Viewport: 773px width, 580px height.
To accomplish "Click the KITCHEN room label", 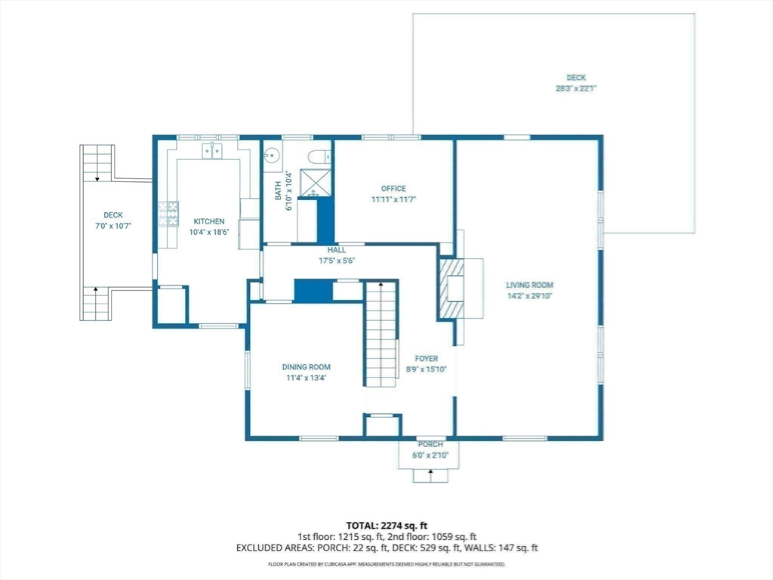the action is pyautogui.click(x=209, y=221).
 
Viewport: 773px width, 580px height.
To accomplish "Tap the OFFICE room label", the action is pyautogui.click(x=393, y=188).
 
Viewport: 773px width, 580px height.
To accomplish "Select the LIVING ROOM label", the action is pyautogui.click(x=529, y=285).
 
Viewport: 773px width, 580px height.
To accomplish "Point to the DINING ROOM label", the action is pyautogui.click(x=306, y=367).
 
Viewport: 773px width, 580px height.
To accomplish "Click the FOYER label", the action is pyautogui.click(x=427, y=359).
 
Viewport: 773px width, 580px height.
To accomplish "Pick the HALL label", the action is pyautogui.click(x=337, y=250).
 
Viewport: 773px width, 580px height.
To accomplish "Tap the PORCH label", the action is pyautogui.click(x=430, y=444).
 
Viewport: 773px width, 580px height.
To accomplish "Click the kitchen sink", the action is pyautogui.click(x=212, y=151).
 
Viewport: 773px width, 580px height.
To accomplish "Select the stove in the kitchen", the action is pyautogui.click(x=168, y=214).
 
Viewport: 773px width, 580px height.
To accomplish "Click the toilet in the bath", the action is pyautogui.click(x=319, y=156).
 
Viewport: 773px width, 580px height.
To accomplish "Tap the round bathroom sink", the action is pyautogui.click(x=271, y=156).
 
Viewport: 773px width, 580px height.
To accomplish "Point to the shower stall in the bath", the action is pyautogui.click(x=316, y=183).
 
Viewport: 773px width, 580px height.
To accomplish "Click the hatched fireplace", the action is pyautogui.click(x=451, y=288).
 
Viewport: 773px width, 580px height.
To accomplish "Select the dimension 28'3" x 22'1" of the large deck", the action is pyautogui.click(x=576, y=89).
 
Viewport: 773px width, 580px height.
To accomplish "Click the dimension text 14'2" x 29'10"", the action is pyautogui.click(x=530, y=296).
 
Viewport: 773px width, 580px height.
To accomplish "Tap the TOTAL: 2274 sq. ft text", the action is pyautogui.click(x=383, y=526).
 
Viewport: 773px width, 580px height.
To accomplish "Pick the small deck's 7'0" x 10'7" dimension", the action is pyautogui.click(x=113, y=226).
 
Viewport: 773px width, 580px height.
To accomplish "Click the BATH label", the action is pyautogui.click(x=278, y=191).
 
